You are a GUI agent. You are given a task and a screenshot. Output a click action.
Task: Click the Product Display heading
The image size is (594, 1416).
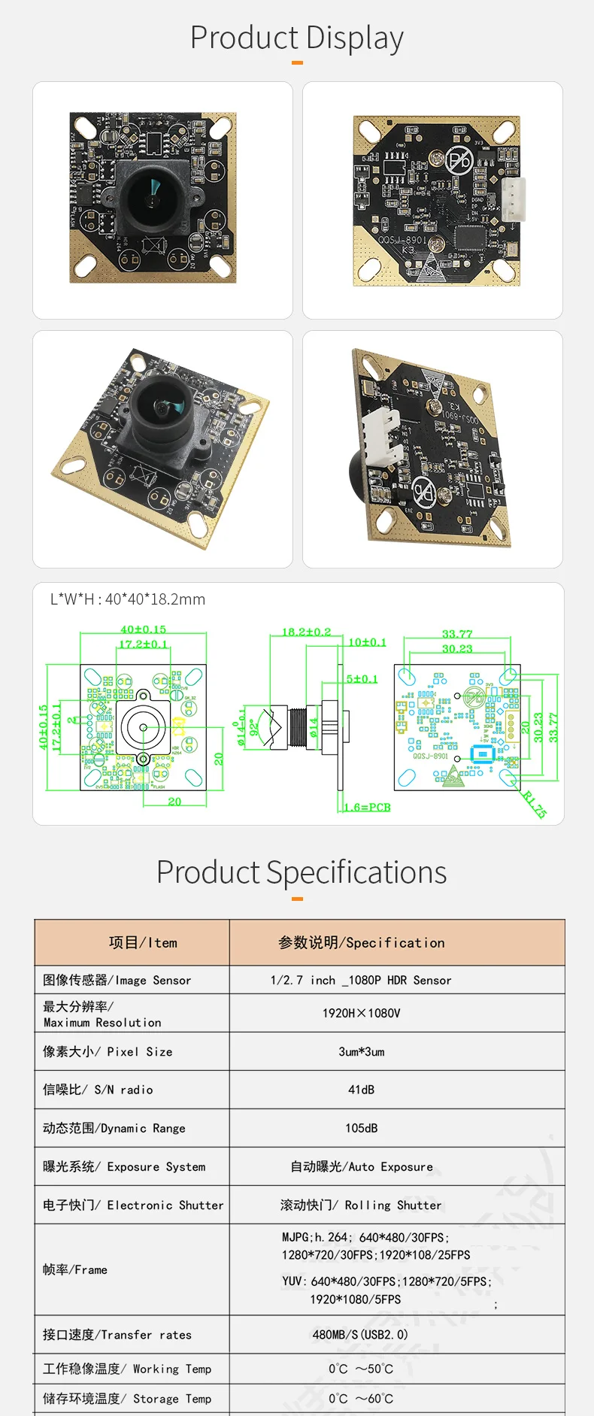click(297, 38)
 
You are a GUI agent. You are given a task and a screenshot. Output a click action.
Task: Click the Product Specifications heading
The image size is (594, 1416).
click(301, 872)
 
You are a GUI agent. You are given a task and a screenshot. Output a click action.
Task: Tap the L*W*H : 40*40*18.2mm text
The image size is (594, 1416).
click(128, 599)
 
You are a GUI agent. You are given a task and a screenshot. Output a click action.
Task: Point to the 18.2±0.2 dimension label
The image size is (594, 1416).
click(306, 632)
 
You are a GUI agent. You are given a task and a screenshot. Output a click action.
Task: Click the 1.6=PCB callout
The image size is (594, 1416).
click(368, 807)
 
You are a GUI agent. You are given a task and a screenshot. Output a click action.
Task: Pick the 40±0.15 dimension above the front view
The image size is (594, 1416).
click(143, 629)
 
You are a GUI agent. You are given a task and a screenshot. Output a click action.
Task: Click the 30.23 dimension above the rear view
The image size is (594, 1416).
click(457, 648)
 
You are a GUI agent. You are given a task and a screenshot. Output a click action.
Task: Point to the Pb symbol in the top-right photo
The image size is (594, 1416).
click(459, 160)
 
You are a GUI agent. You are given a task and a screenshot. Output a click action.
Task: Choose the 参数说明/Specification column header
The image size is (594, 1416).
click(362, 942)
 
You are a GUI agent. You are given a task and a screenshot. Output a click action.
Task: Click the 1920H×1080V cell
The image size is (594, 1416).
click(362, 1013)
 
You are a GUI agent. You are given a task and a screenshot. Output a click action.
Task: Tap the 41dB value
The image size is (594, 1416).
click(362, 1090)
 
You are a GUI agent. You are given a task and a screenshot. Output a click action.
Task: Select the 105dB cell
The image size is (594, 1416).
click(362, 1128)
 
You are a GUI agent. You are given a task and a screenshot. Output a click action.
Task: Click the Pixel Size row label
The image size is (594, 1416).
click(108, 1051)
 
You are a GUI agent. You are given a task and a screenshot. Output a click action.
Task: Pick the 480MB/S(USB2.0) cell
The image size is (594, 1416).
click(360, 1335)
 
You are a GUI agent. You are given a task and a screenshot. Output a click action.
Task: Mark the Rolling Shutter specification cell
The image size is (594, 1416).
click(362, 1205)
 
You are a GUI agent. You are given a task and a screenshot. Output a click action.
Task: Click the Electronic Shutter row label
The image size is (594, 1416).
click(133, 1205)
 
